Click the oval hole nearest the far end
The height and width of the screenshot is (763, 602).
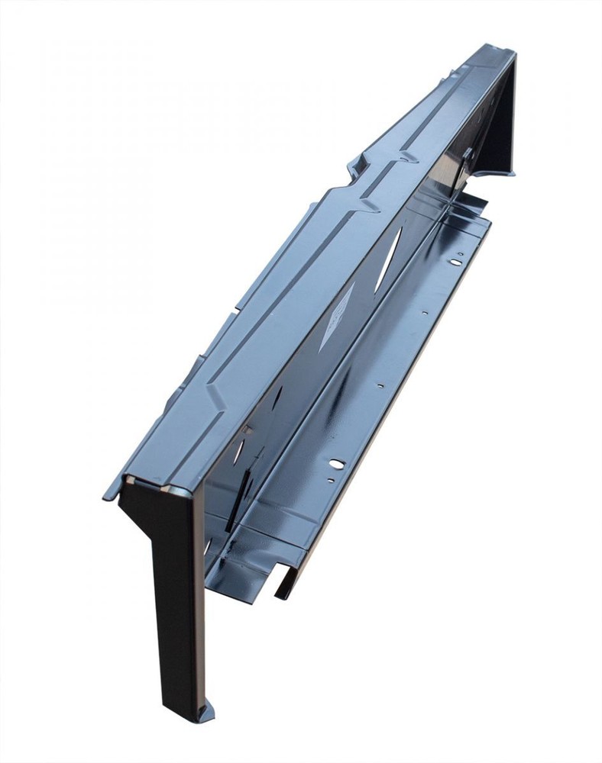tap(455, 262)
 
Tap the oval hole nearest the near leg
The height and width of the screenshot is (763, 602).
tap(336, 463)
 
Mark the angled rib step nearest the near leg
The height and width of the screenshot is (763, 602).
tap(218, 397)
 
